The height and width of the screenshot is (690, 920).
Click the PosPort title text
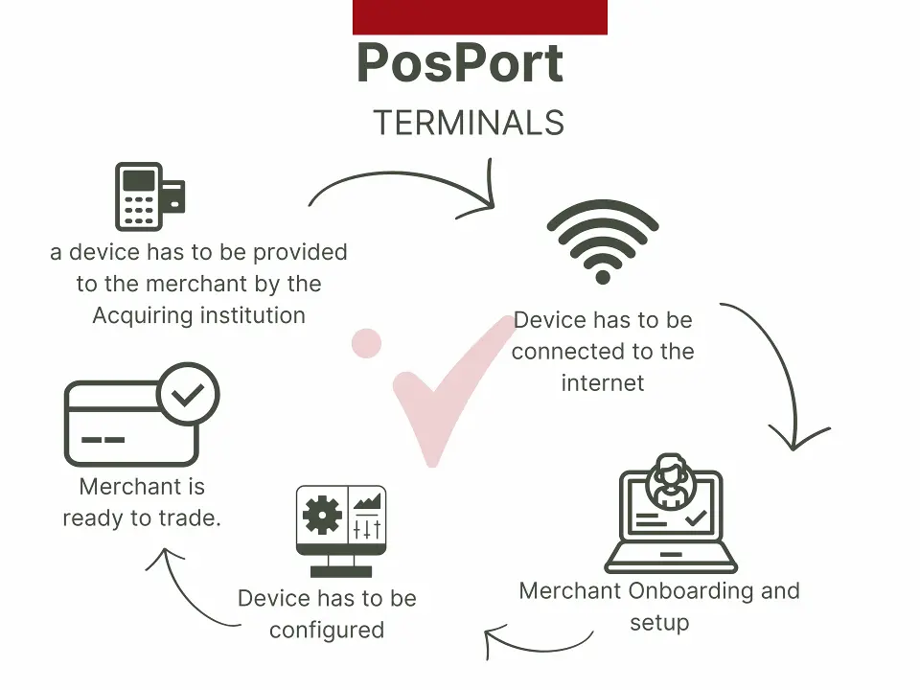pos(460,63)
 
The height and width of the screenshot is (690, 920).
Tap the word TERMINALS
pos(469,123)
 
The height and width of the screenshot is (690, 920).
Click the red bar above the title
pos(480,17)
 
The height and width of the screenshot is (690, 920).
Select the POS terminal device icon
pos(149,196)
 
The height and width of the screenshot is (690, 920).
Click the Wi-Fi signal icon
pos(603,241)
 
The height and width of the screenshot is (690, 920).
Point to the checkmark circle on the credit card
pos(189,394)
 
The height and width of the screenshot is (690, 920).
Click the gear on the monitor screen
pos(322,515)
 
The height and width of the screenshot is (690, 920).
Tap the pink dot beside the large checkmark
pos(367,343)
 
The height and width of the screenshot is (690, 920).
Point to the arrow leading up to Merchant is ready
pos(187,592)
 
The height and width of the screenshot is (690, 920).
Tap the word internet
pos(603,382)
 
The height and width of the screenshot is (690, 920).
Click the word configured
pos(327,631)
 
